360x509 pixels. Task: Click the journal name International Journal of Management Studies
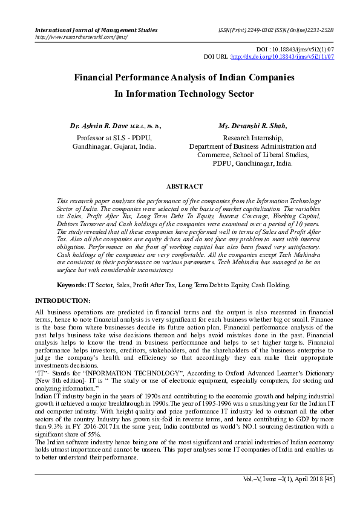(x=96, y=30)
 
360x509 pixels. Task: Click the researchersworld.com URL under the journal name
(x=82, y=37)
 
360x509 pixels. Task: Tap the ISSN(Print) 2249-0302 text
(x=244, y=30)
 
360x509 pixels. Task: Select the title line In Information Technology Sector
(x=184, y=94)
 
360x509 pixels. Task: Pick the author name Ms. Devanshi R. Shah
(x=252, y=126)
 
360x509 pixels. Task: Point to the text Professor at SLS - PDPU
(x=114, y=137)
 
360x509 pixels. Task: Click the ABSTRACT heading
(x=184, y=187)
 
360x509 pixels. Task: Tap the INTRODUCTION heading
(x=63, y=300)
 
